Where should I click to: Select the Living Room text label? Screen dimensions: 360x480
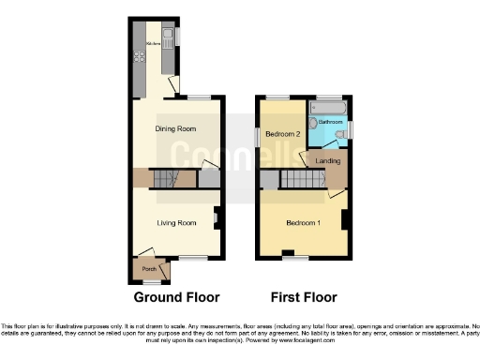click(175, 222)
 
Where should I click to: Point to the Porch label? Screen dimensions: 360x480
click(148, 270)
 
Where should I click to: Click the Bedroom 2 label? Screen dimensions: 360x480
click(282, 134)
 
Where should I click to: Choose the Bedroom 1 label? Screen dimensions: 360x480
click(302, 222)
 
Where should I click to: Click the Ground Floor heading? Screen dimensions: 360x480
click(176, 297)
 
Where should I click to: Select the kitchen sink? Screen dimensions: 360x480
click(167, 38)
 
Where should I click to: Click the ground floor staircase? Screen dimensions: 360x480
click(165, 178)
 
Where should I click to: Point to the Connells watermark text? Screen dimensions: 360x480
click(240, 159)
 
